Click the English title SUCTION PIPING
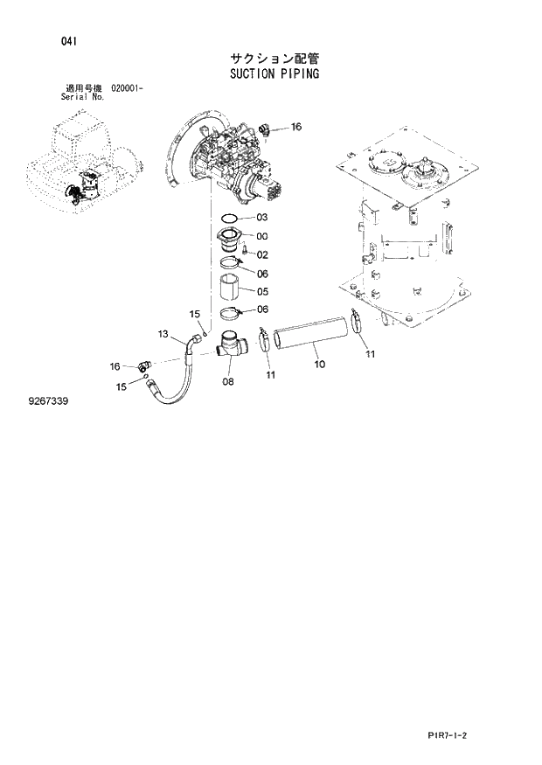274,74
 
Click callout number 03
262,218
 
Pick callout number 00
262,236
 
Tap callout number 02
262,255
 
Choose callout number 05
262,291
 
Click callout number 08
227,381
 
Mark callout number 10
319,363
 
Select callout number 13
163,334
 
